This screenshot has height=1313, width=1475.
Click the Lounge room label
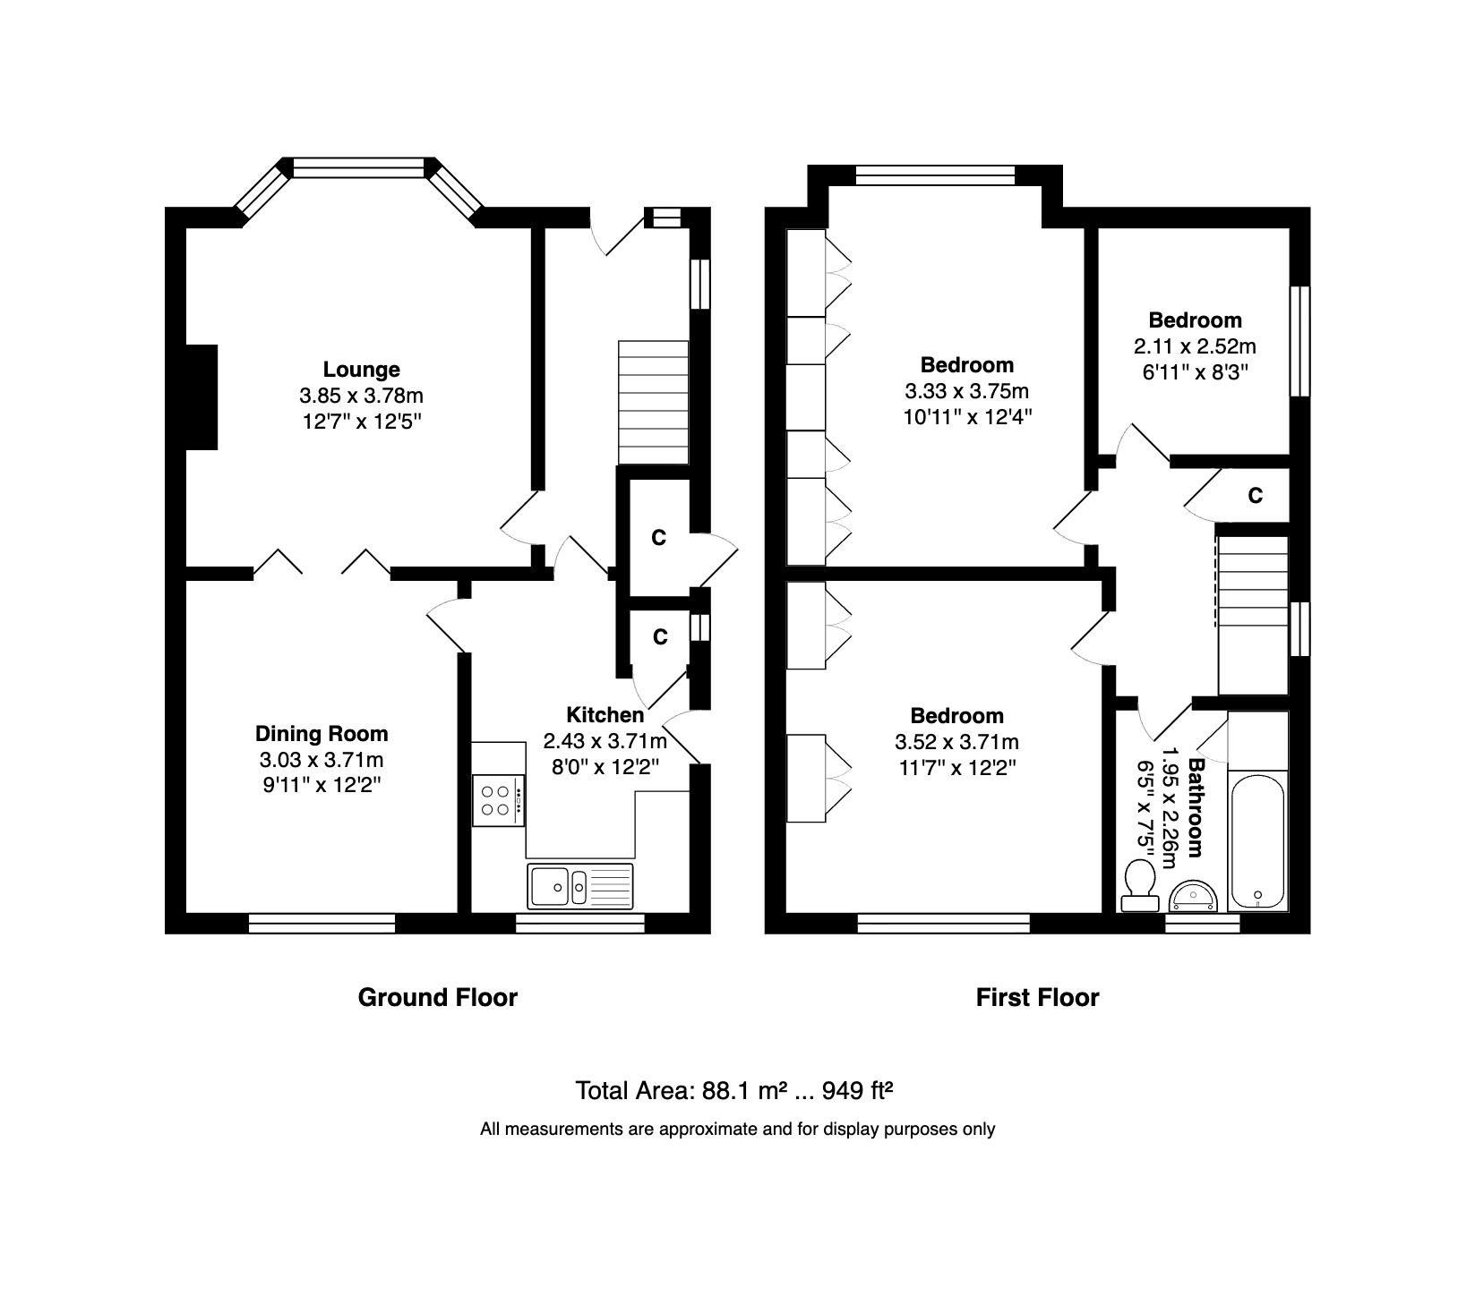pos(361,370)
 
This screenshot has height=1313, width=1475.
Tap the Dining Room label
pos(322,734)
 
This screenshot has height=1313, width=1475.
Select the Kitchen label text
pos(605,715)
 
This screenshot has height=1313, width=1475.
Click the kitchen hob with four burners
pos(499,800)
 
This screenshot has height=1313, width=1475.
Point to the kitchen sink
pos(580,886)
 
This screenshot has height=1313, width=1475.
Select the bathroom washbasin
pos(1193,896)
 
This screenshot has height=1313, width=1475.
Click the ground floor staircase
pos(654,402)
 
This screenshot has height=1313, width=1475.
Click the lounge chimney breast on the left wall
pos(202,396)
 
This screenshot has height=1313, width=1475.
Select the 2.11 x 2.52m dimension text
pos(1195,345)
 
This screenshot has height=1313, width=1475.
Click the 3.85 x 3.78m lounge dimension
pos(362,395)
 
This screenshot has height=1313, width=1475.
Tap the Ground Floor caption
pos(438,997)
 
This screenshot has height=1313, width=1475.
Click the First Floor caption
pos(1037,997)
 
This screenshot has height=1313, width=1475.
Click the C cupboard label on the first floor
pos(1256,495)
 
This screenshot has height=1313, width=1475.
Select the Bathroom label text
pos(1196,808)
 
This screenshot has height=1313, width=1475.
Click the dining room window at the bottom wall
pos(322,923)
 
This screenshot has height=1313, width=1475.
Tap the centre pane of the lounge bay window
pos(359,167)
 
